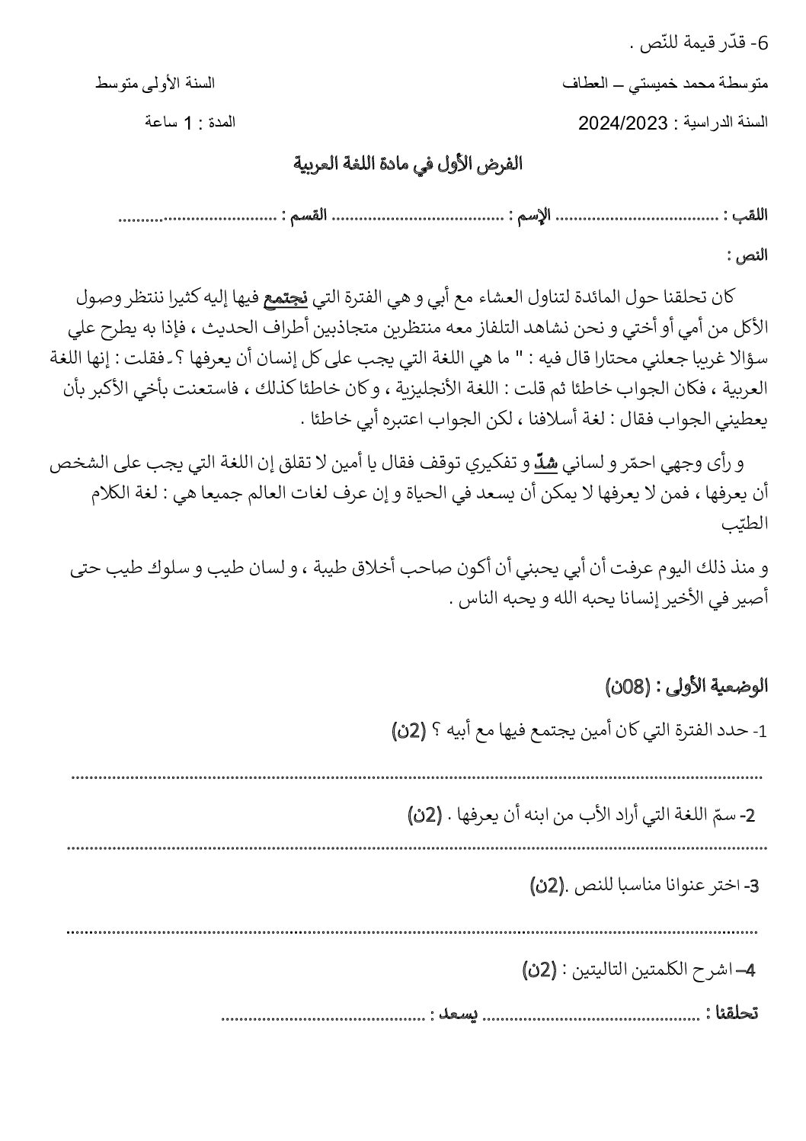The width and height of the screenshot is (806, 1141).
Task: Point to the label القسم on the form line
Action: [x=305, y=216]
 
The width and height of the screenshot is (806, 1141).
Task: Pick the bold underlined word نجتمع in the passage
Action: [x=285, y=297]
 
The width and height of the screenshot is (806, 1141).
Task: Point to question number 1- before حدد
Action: [x=759, y=732]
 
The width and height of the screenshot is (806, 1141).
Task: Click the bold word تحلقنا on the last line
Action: [x=732, y=1013]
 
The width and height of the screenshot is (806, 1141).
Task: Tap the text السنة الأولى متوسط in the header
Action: [x=155, y=82]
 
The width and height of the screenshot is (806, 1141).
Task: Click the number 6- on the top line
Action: [x=758, y=43]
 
